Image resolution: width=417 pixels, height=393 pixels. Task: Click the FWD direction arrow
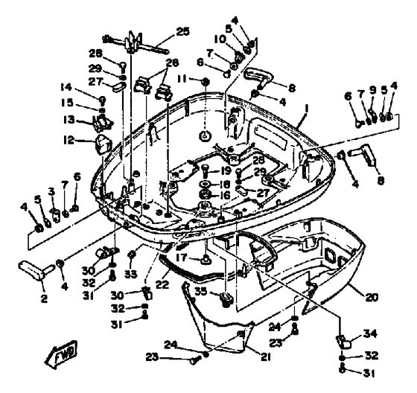coord(61,355)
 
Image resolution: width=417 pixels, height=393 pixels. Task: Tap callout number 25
coord(182,31)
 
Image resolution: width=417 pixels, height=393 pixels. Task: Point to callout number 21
coord(265,357)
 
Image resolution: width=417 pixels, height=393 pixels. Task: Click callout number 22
coord(162,285)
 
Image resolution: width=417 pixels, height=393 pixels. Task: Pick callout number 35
coord(201,291)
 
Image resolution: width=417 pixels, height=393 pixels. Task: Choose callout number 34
coord(370,333)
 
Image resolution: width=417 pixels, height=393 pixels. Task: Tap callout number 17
coord(182,258)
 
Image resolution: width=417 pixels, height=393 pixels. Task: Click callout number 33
coord(130,274)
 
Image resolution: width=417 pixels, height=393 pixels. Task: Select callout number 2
coord(44,298)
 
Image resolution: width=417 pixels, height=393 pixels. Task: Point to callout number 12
coord(69,140)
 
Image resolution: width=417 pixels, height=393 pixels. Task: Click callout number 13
coord(69,120)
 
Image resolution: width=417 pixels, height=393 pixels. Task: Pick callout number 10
coord(220,39)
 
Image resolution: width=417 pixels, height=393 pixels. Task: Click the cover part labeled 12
coord(104,144)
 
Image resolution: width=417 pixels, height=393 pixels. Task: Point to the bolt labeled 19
coord(205,171)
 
